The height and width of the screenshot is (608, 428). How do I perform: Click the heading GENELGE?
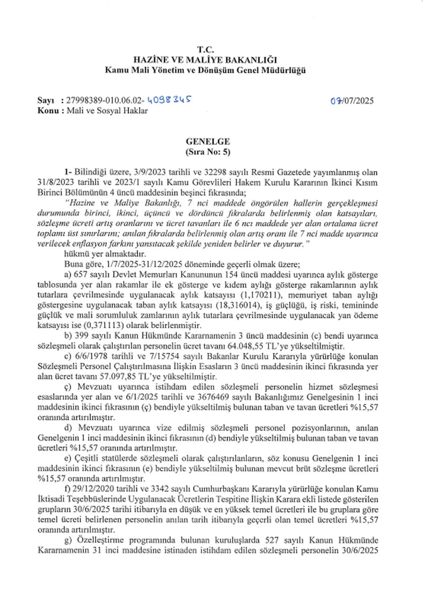click(208, 141)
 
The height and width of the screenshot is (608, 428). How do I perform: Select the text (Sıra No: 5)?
click(208, 152)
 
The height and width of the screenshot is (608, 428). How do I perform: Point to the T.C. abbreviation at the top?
click(205, 50)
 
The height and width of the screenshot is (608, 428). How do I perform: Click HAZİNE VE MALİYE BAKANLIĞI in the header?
click(205, 60)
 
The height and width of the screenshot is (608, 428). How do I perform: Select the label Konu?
click(48, 111)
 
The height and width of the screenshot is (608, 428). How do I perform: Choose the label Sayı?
click(45, 101)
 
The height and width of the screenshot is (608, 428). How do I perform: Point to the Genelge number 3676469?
click(217, 397)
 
